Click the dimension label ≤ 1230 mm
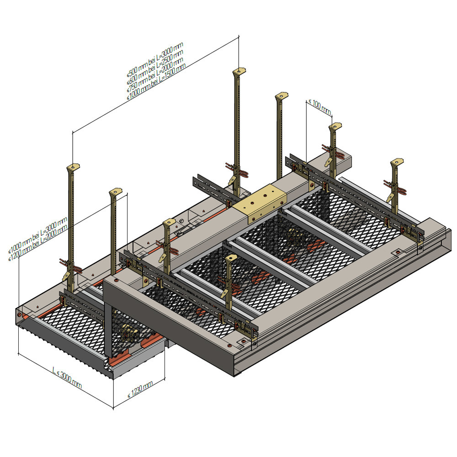point(140,389)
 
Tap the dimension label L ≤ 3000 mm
point(67,378)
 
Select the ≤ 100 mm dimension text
point(320,106)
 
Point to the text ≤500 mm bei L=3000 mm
point(155,59)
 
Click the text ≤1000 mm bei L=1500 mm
point(156,82)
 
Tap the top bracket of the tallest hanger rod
point(239,71)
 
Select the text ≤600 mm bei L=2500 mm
point(155,67)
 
